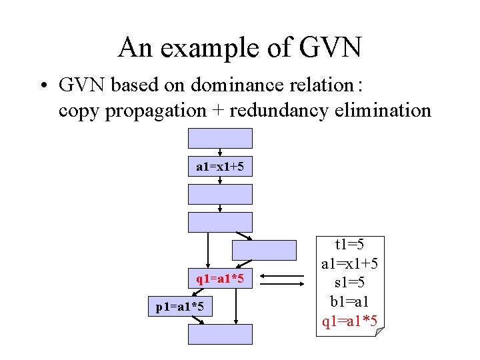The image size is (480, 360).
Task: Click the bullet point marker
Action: tap(43, 86)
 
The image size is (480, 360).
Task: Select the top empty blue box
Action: tap(220, 138)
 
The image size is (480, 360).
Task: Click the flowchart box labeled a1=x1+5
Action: tap(220, 167)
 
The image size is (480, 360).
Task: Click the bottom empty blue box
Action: tap(220, 334)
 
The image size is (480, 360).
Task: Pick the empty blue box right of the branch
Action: tap(264, 250)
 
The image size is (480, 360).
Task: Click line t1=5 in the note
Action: tap(350, 245)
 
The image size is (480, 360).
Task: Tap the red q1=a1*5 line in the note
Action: tap(350, 322)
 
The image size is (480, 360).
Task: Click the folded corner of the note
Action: tap(380, 331)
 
